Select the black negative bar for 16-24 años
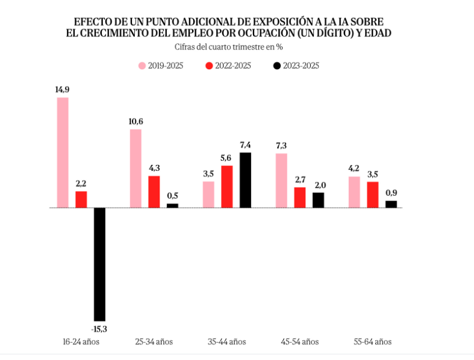pos(99,264)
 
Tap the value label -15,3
pos(99,329)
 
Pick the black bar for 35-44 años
pos(245,180)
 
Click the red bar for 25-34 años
pos(154,191)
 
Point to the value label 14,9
pos(62,90)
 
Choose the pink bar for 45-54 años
pos(281,181)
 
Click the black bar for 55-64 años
pos(391,204)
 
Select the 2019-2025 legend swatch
pos(142,66)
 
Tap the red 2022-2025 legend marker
pos(210,66)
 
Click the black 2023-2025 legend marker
pos(277,66)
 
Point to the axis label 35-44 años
pos(226,341)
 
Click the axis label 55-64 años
pos(372,341)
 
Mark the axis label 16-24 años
pos(81,341)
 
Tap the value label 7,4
pos(245,145)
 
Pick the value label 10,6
pos(136,122)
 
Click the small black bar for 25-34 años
pos(172,205)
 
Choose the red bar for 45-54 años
pos(300,197)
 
